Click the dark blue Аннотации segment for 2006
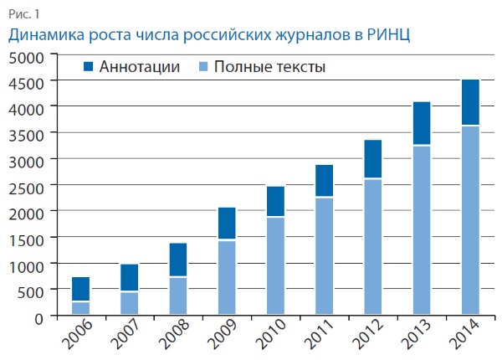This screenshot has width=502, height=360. (80, 289)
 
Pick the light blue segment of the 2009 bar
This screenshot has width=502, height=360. (225, 277)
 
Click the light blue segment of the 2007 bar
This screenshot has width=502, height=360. (129, 303)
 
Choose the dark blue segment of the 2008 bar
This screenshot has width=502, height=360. (177, 260)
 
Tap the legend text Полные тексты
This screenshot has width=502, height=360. (269, 66)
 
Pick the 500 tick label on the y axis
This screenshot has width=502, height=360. (33, 291)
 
